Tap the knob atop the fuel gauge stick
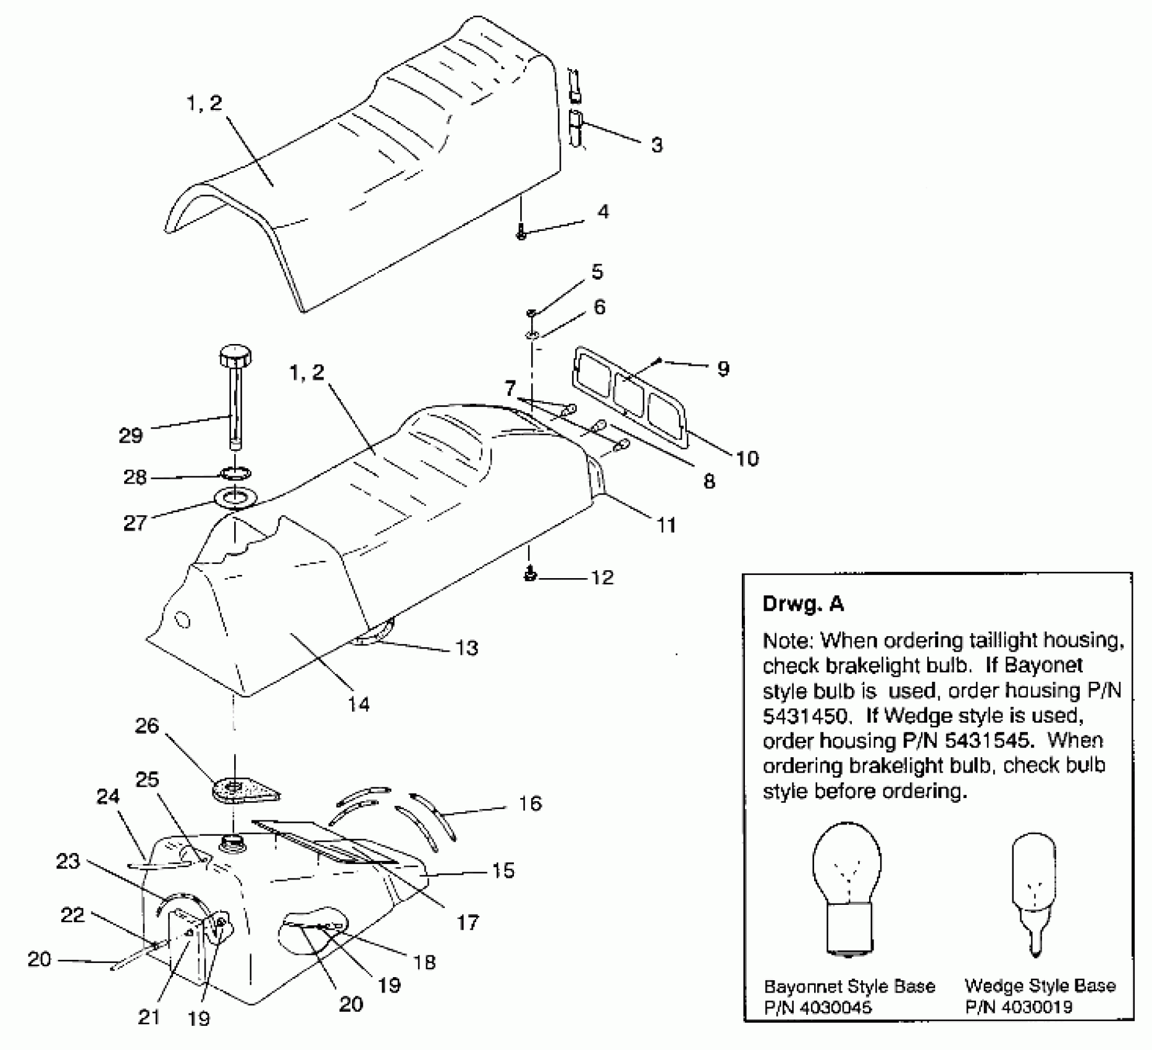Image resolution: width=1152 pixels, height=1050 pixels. click(x=235, y=356)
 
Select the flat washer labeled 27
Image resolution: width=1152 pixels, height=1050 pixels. click(x=234, y=497)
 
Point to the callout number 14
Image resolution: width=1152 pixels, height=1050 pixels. click(x=359, y=703)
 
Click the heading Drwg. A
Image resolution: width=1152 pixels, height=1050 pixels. click(x=803, y=603)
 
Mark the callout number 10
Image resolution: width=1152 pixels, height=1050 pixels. click(x=747, y=458)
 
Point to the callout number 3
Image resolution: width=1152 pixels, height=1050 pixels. click(x=657, y=145)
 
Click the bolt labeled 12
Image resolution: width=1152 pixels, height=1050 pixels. click(x=529, y=576)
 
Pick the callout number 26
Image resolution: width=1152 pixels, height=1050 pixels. click(x=147, y=725)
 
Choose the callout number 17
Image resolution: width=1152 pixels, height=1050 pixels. click(x=468, y=922)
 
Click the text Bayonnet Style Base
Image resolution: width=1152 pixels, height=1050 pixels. click(x=849, y=986)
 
